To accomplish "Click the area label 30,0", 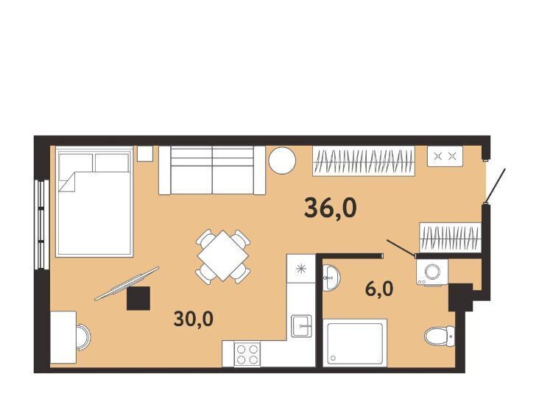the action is pos(194,319).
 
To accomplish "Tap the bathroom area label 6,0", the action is pos(379,289).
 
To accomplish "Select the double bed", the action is pos(94,202).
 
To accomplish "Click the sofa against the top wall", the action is pos(212,171).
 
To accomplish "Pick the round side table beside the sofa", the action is pos(282,160).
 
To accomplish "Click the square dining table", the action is pos(223,255).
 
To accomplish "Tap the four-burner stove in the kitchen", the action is pos(247,354).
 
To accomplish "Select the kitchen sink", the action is pos(301,326).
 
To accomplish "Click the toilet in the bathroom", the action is pos(440,336).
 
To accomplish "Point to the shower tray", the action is pos(355,342).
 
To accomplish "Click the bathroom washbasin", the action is pos(331,278).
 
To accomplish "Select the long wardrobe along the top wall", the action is pos(364,161).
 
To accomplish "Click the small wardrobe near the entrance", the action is pos(450,238).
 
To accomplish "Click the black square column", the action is pos(138,298).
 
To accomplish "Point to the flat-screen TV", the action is pos(127,283).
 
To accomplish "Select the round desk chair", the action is pos(83,337).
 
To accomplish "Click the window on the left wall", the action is pos(41,225).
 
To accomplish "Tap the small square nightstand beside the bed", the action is pos(145,154).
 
